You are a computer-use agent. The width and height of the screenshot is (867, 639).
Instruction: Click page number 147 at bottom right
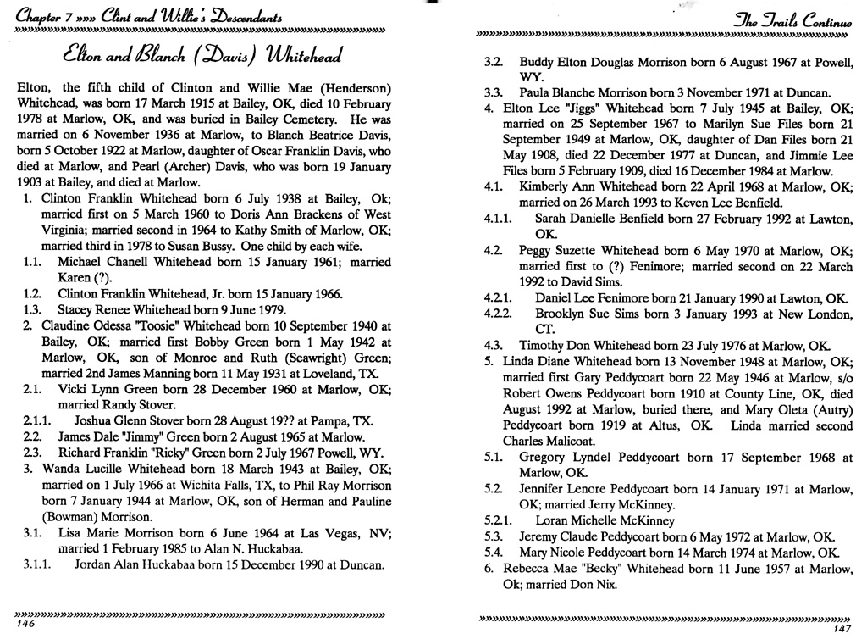click(x=840, y=628)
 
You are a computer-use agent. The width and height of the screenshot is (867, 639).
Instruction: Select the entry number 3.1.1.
click(x=36, y=562)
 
